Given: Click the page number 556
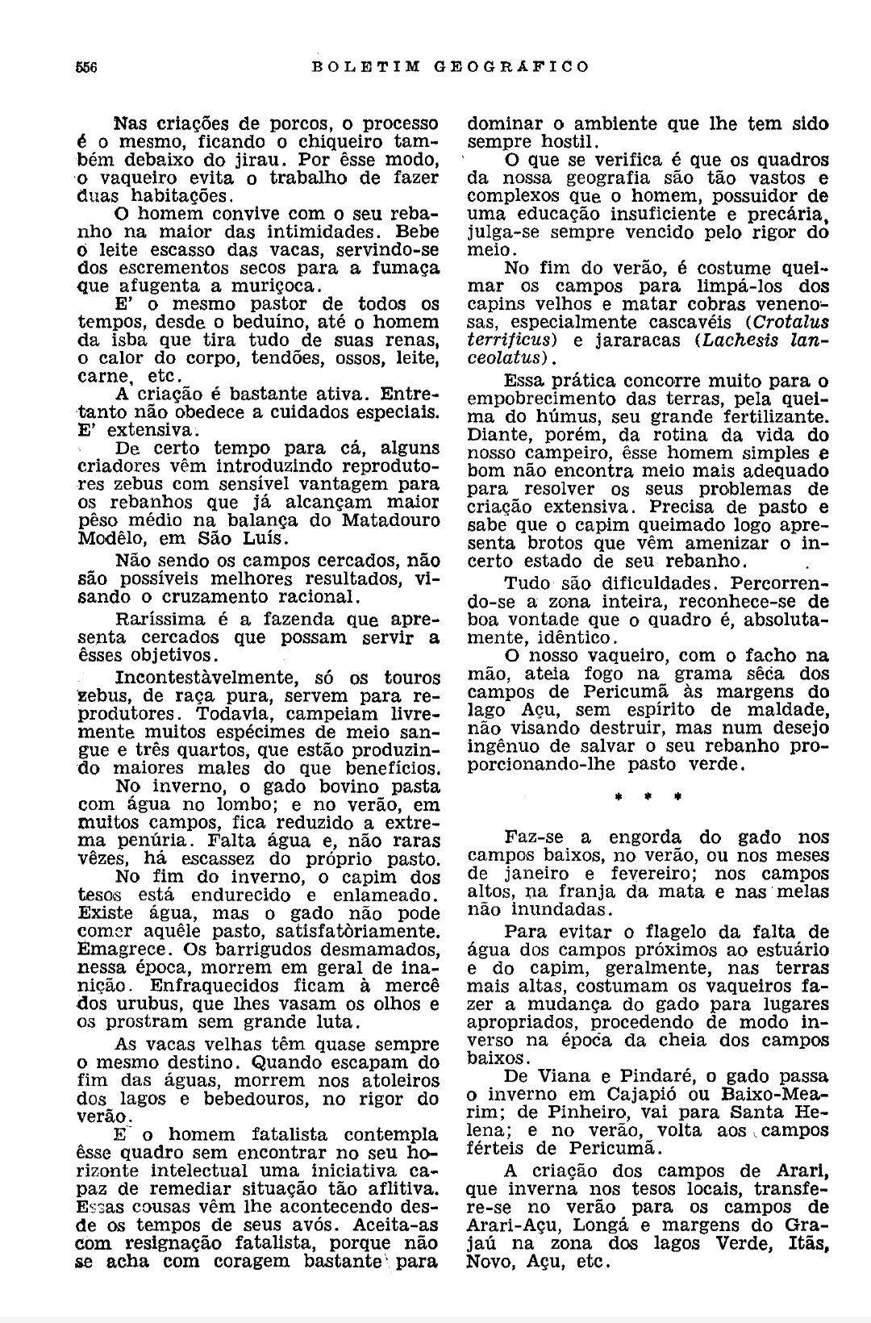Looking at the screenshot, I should [86, 67].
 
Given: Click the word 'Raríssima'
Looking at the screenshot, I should [159, 620].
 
